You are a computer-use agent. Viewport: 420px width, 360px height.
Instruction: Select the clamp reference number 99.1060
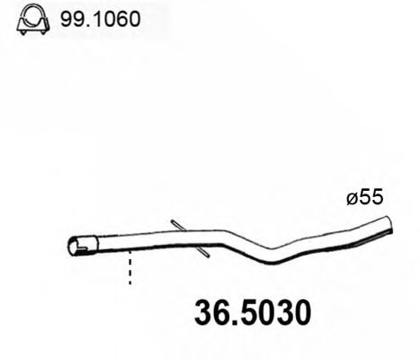[x=98, y=18]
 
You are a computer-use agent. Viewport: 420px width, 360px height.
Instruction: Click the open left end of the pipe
[x=76, y=244]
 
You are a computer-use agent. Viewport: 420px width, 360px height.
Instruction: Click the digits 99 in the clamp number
[x=69, y=18]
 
